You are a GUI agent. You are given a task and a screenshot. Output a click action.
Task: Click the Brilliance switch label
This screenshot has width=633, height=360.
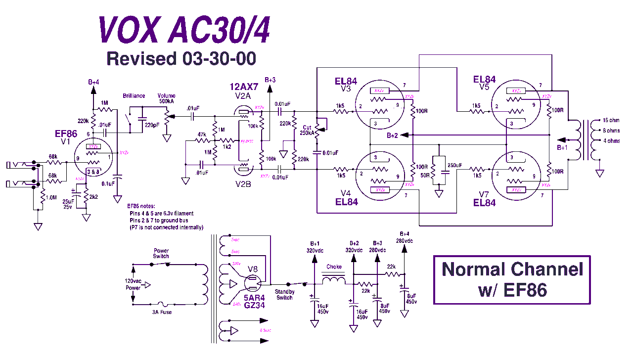point(134,96)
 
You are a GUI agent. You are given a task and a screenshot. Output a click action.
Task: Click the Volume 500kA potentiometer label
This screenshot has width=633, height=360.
point(166,99)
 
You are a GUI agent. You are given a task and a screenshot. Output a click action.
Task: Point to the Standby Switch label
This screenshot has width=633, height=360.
point(284,295)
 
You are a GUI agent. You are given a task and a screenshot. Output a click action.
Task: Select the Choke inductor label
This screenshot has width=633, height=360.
point(334,268)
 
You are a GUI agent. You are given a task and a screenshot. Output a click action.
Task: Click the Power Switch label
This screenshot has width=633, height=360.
point(161,253)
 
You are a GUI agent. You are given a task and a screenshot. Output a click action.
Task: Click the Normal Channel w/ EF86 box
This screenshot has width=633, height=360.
point(512,279)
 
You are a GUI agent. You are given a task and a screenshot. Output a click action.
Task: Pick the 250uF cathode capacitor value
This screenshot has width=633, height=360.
point(455,165)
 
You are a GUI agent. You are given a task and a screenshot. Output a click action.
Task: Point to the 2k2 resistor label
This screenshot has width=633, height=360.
point(94,197)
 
